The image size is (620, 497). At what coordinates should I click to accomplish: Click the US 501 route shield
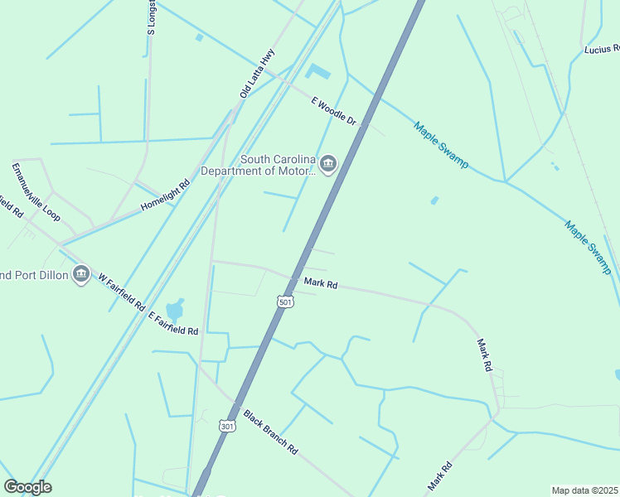click(285, 302)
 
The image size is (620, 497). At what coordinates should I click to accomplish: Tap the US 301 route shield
click(227, 425)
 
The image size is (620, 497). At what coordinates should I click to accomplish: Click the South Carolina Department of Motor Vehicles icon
click(328, 164)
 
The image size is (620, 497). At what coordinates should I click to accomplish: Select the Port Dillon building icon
click(80, 273)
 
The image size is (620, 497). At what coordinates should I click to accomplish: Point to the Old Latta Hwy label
click(257, 74)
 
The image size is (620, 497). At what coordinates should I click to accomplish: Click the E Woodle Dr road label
click(333, 112)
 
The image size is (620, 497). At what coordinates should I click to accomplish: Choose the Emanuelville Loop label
click(36, 191)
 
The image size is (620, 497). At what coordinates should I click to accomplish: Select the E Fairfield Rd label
click(173, 323)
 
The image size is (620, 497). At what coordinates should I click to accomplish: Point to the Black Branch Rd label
click(270, 431)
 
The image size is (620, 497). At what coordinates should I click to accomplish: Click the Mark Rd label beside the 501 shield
click(321, 283)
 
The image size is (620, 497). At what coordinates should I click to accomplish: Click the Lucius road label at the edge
click(601, 50)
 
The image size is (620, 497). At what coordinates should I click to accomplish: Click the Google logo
click(27, 487)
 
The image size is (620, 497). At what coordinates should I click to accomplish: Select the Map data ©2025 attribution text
click(584, 490)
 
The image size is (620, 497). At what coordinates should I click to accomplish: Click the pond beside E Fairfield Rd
click(175, 309)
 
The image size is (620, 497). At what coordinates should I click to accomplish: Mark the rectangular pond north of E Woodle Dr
click(317, 73)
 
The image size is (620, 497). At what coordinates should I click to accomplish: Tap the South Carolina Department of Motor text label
click(278, 165)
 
